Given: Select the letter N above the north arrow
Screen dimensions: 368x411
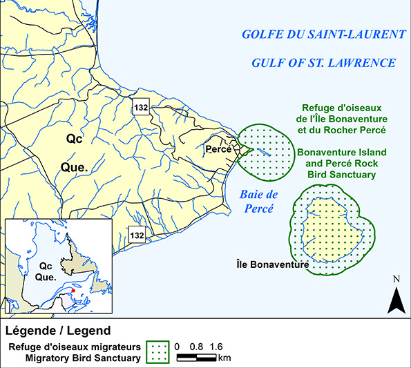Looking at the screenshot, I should (396, 279).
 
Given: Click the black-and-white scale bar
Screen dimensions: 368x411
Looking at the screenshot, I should (197, 358).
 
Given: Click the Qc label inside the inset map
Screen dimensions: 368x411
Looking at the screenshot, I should (46, 265).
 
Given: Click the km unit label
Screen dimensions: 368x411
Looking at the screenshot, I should (224, 358).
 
